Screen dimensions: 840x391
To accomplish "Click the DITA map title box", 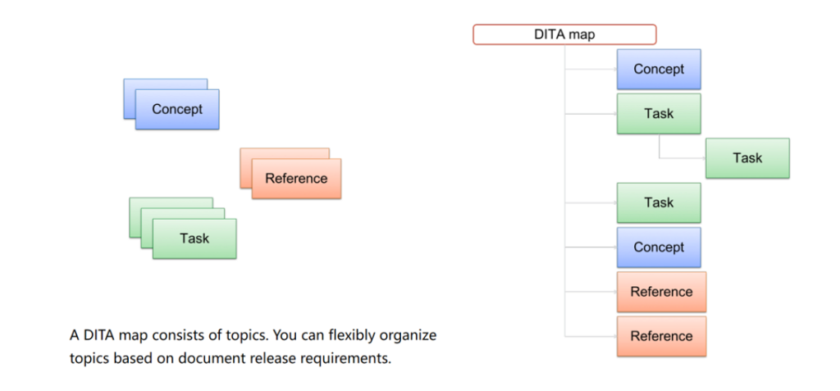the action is pyautogui.click(x=564, y=34).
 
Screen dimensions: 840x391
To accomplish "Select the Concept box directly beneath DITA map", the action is pyautogui.click(x=659, y=69).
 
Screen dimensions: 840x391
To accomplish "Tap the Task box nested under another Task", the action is pyautogui.click(x=747, y=158).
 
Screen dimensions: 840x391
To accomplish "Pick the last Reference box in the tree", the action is pyautogui.click(x=661, y=336).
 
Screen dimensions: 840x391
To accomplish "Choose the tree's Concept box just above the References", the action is pyautogui.click(x=659, y=247).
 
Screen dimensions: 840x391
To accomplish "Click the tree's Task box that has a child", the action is pyautogui.click(x=659, y=114).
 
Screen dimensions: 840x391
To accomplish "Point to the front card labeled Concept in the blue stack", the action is pyautogui.click(x=177, y=109).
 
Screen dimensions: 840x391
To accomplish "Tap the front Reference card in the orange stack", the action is pyautogui.click(x=296, y=179).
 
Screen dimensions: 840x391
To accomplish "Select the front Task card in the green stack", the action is pyautogui.click(x=194, y=239).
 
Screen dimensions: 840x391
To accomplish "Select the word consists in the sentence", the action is pyautogui.click(x=173, y=336).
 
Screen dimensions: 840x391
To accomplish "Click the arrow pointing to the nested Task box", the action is pyautogui.click(x=682, y=158).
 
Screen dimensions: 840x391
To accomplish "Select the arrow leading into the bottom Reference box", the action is pyautogui.click(x=591, y=336).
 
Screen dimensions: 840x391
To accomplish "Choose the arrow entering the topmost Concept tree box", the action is pyautogui.click(x=591, y=69).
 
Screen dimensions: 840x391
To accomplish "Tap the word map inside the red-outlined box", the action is pyautogui.click(x=582, y=35).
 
